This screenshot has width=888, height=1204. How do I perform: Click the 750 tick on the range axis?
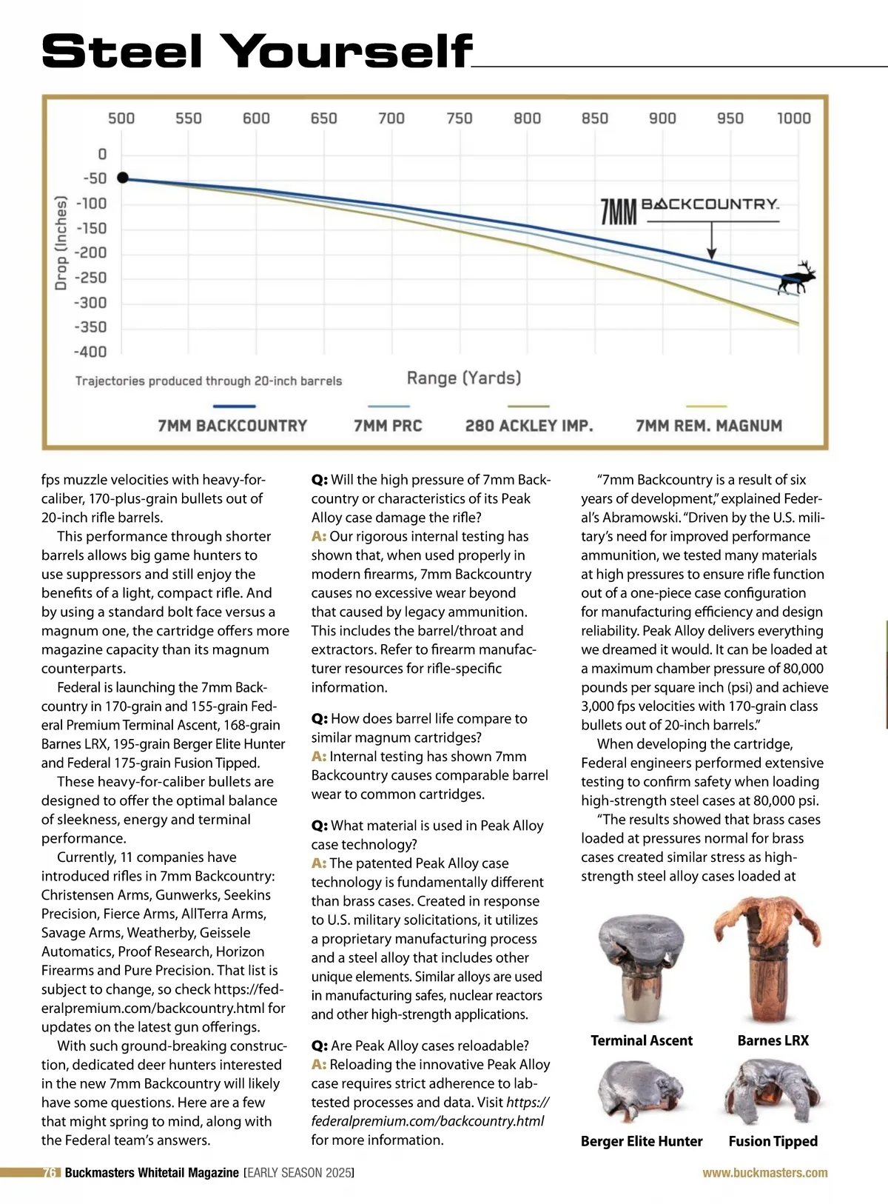click(x=459, y=118)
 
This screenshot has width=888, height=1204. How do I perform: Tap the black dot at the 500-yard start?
click(x=123, y=178)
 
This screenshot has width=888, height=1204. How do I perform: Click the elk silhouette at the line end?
click(x=797, y=278)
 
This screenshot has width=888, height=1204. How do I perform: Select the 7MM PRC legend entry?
click(x=388, y=426)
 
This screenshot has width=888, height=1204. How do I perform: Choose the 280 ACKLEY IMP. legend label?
click(x=529, y=426)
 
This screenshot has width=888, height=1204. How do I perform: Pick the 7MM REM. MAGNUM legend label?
click(x=708, y=426)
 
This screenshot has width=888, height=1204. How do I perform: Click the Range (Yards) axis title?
click(x=464, y=378)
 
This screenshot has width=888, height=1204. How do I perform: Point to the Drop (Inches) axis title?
click(x=61, y=242)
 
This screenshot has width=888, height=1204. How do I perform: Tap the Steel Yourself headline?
click(x=256, y=52)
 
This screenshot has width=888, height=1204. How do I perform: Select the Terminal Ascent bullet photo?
click(x=641, y=967)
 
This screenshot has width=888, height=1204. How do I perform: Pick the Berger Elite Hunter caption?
click(x=642, y=1141)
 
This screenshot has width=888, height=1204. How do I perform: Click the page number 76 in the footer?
click(x=50, y=1173)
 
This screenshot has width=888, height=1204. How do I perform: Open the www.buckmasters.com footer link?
click(x=764, y=1173)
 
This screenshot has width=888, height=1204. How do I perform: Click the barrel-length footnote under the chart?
click(x=209, y=381)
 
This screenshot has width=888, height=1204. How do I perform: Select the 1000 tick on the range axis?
click(x=793, y=118)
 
